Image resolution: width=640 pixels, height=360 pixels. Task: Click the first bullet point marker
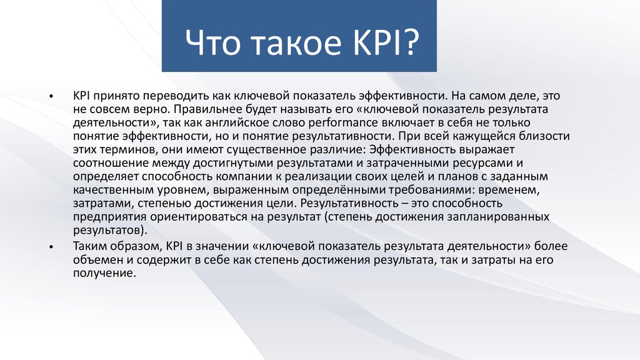(x=51, y=97)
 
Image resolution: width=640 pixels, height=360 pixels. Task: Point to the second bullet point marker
(x=51, y=247)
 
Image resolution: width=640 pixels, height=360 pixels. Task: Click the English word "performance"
(x=343, y=123)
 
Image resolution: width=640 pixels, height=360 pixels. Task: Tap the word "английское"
(x=237, y=123)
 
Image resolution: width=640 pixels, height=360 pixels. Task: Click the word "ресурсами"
(x=482, y=163)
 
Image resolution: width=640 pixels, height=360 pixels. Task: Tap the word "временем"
(x=509, y=190)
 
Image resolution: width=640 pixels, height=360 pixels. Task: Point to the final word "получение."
(x=104, y=274)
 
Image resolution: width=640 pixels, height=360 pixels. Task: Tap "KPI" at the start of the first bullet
(x=81, y=96)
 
